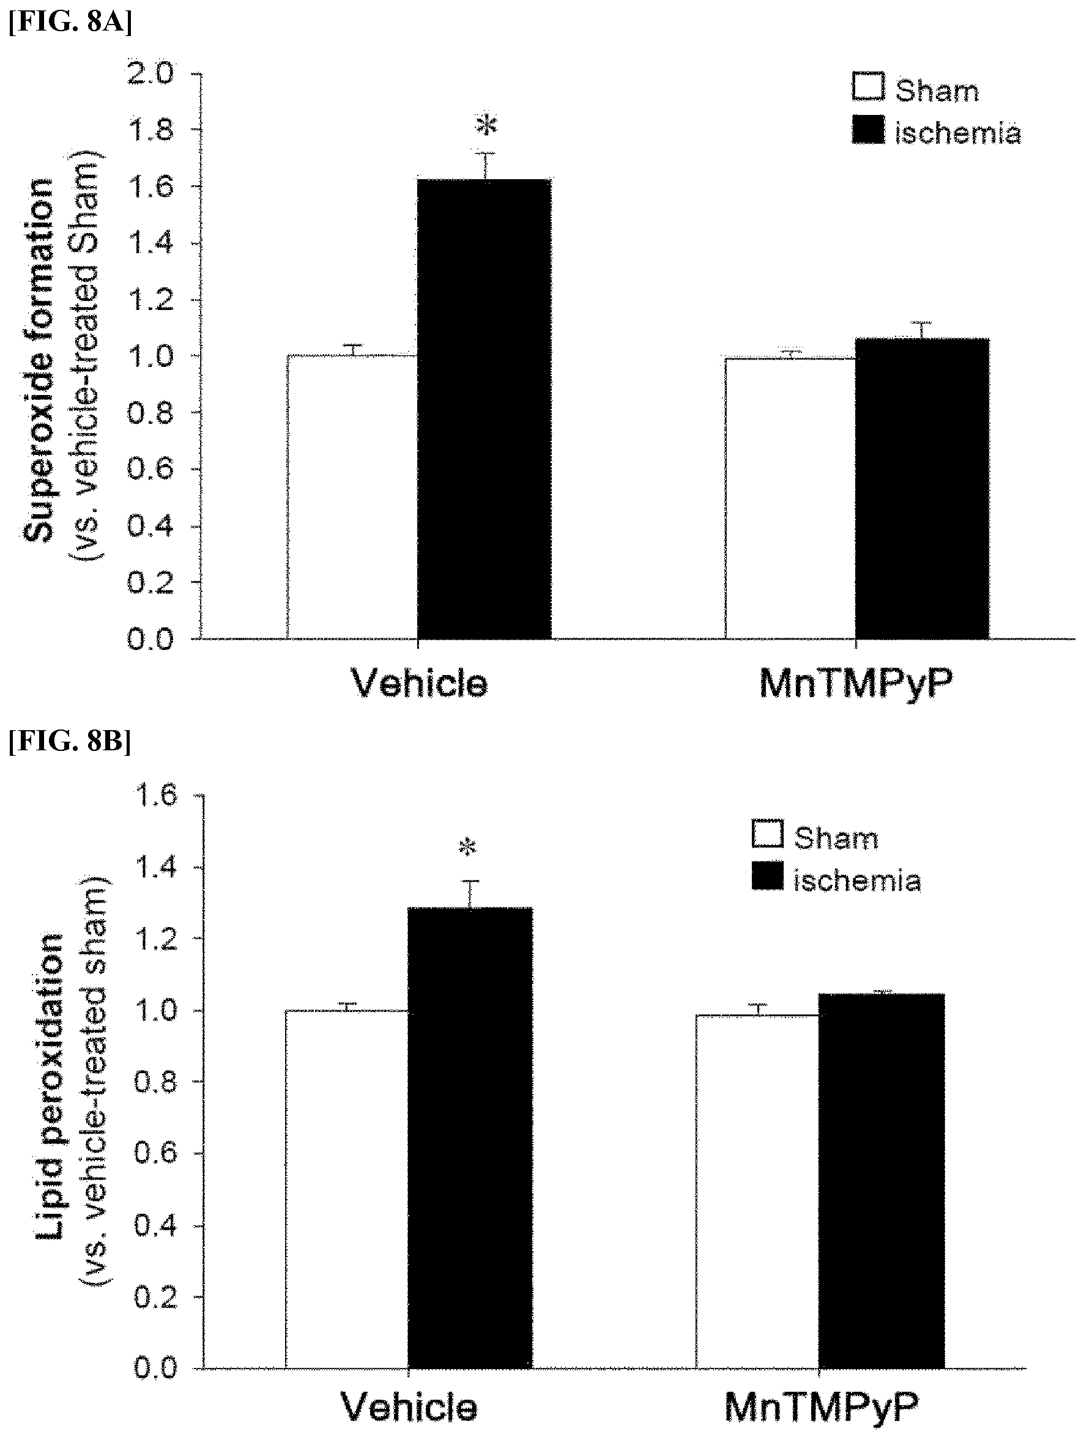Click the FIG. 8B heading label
70,742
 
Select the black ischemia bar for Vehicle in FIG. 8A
484,408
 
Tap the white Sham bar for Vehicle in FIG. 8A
352,497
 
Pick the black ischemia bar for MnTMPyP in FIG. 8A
921,489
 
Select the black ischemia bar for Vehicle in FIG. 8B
470,1139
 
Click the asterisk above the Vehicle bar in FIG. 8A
486,125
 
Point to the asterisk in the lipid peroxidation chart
467,847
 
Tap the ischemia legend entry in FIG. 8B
836,879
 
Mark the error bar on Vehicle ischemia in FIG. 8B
470,894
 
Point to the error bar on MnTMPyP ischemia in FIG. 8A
921,330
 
